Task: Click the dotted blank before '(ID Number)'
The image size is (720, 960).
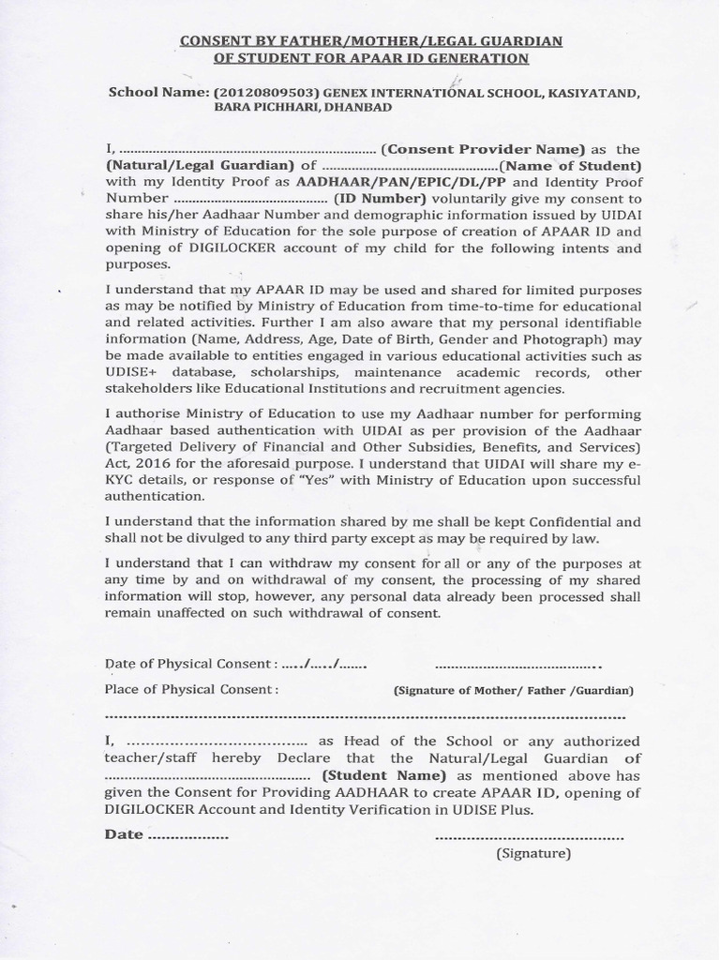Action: coord(250,200)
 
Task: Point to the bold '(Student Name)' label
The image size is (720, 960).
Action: coord(384,775)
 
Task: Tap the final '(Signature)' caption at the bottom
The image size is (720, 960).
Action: coord(532,853)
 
